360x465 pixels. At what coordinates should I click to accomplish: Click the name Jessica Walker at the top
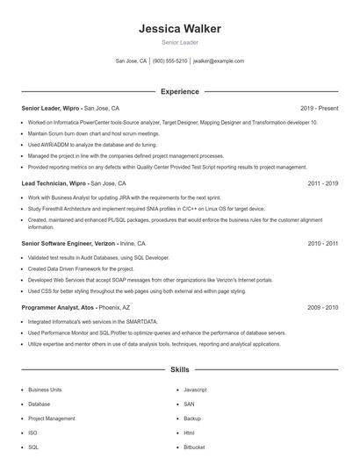pos(179,28)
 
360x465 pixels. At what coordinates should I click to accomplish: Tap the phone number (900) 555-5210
pos(169,61)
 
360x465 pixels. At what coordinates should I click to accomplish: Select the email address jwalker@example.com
pos(219,61)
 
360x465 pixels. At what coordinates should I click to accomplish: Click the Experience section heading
pos(179,91)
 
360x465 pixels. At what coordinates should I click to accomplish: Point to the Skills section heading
pos(179,370)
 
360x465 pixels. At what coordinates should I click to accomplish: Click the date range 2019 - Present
pos(319,108)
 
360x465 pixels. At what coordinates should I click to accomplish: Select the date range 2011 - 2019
pos(323,184)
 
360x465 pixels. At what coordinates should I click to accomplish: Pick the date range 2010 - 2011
pos(323,243)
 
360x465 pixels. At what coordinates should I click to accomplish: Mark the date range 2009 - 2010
pos(323,308)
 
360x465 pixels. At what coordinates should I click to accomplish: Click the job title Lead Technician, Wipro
pos(54,184)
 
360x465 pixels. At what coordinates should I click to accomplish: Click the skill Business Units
pos(45,389)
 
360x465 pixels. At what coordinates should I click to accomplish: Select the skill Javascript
pos(195,389)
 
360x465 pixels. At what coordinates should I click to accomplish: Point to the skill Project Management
pos(51,418)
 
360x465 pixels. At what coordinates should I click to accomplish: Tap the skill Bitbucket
pos(194,447)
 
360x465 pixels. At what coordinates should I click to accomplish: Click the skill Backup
pos(192,418)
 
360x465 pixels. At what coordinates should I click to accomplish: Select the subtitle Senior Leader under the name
pos(179,42)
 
